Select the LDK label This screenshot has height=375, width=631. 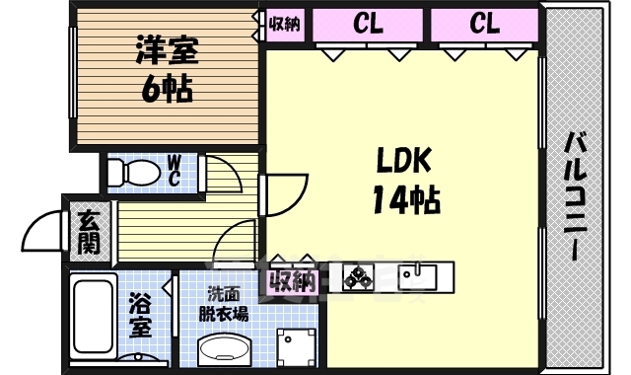tap(403, 160)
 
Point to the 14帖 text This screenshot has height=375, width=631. tap(405, 201)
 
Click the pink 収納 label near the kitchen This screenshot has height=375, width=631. tap(292, 280)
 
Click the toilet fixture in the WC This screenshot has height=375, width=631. tap(135, 174)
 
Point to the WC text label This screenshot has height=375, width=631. tap(174, 171)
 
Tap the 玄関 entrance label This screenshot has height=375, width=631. tap(89, 232)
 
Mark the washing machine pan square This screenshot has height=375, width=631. tap(295, 345)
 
